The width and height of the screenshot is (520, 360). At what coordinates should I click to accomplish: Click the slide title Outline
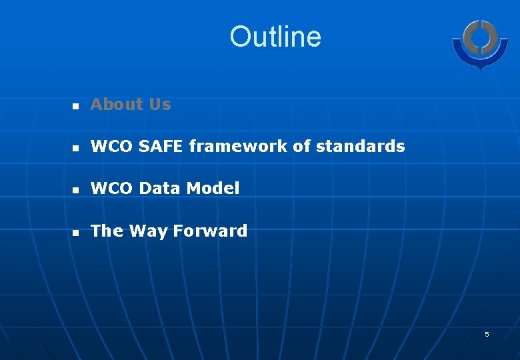[x=275, y=37]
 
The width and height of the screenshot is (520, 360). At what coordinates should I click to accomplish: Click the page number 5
[x=487, y=334]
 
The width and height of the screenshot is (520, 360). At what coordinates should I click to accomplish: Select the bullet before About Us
[x=76, y=106]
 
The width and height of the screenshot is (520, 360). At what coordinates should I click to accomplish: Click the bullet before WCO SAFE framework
[x=76, y=148]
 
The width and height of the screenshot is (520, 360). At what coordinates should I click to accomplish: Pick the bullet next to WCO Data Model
[x=76, y=191]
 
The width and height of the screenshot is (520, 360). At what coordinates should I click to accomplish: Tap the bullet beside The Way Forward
[x=76, y=233]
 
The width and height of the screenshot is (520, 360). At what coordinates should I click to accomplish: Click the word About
[x=117, y=105]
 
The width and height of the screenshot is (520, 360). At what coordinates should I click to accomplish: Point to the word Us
[x=160, y=105]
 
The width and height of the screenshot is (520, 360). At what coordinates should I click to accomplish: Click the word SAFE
[x=159, y=147]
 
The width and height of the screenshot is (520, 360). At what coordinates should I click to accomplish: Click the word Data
[x=159, y=189]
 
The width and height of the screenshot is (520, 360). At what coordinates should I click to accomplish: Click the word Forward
[x=210, y=231]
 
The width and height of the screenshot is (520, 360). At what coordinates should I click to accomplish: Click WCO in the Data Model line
[x=110, y=189]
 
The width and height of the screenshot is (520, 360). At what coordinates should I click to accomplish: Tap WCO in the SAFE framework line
[x=110, y=147]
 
